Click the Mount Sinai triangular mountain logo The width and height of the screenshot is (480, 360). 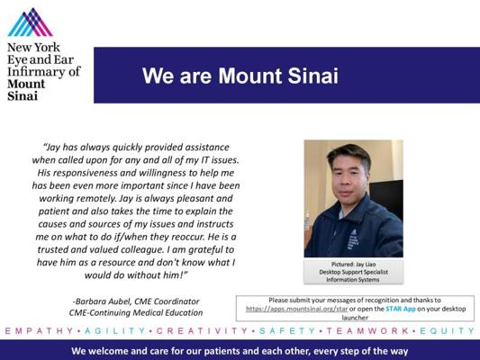pos(30,22)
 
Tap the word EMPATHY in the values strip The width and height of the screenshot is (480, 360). pos(40,331)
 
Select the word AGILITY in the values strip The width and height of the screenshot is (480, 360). pos(115,331)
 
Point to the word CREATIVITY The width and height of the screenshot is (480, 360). pos(202,331)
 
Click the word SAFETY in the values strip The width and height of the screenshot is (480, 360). pos(287,331)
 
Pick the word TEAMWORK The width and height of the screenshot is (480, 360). pos(367,331)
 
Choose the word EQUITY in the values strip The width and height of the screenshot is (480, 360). pos(447,331)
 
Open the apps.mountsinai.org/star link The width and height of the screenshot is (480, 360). pos(296,309)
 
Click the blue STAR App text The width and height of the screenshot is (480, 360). pos(401,309)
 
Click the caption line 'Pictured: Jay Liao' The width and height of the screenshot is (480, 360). pos(353,265)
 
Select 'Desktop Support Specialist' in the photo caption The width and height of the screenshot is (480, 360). pos(353,272)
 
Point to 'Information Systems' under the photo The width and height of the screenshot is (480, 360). pos(353,280)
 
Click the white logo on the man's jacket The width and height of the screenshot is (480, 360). pos(353,238)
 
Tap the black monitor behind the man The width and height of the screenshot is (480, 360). pos(387,199)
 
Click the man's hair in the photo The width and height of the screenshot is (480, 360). pos(349,154)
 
